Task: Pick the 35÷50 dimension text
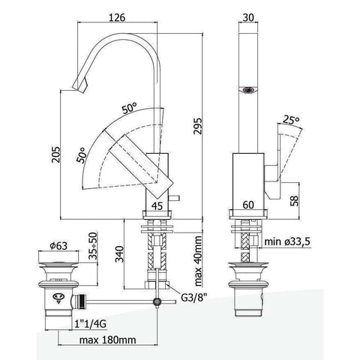coord(92,249)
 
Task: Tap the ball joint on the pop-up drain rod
coord(157,303)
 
